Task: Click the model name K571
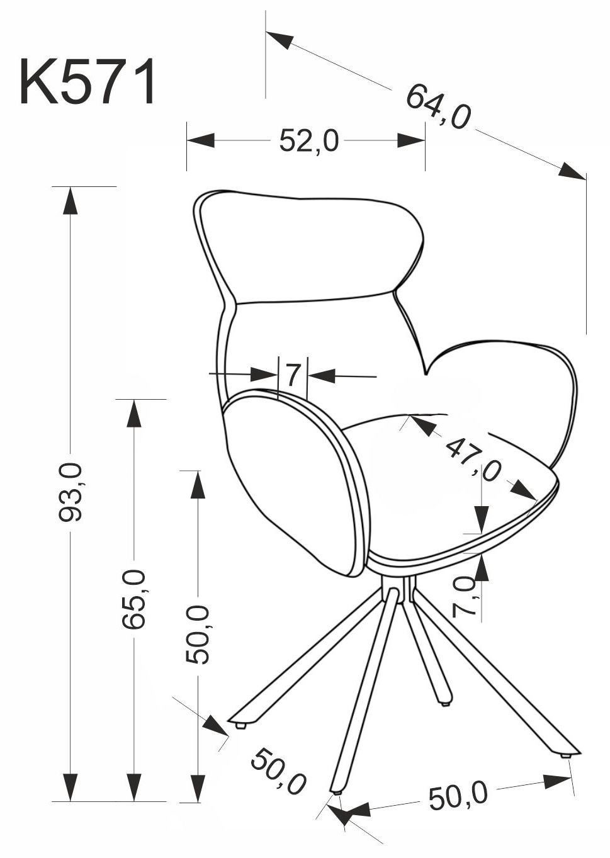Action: coord(88,81)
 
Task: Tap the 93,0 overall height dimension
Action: coord(71,492)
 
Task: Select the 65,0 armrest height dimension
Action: coord(133,599)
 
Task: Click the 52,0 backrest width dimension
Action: coord(309,140)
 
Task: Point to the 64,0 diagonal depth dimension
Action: coord(438,106)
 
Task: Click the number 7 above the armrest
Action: coord(293,376)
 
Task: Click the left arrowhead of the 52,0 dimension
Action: coord(200,140)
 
